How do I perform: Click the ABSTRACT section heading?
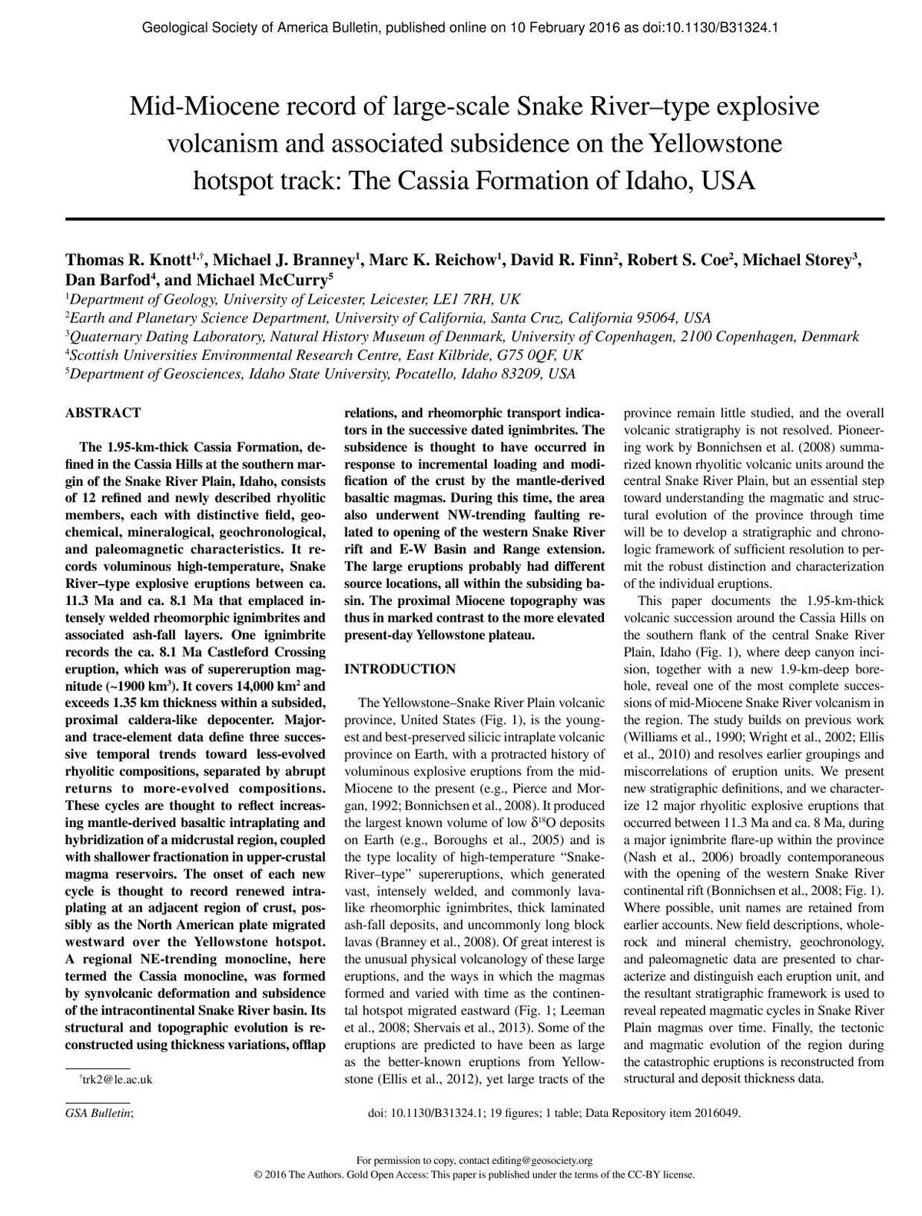click(x=103, y=413)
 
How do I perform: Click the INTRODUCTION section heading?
click(x=400, y=669)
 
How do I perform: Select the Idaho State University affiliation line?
click(x=320, y=374)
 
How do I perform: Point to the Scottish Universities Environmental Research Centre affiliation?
click(x=324, y=355)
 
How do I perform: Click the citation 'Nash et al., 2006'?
click(x=672, y=857)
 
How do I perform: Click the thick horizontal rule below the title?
click(x=474, y=219)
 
